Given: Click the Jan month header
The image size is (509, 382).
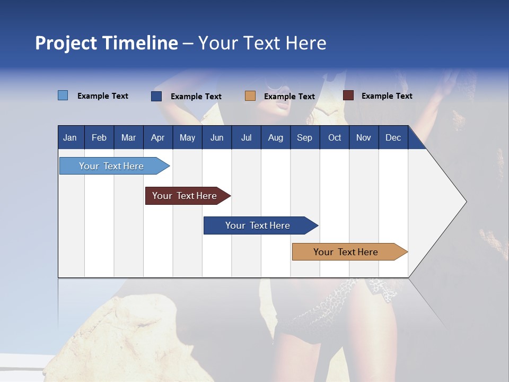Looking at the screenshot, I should pyautogui.click(x=70, y=137).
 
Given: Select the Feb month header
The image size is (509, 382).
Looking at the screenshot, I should pyautogui.click(x=99, y=137).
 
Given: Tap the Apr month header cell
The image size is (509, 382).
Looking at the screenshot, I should pyautogui.click(x=157, y=137).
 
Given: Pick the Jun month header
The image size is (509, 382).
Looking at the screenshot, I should pyautogui.click(x=217, y=137).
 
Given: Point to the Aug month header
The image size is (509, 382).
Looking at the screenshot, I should pyautogui.click(x=275, y=137).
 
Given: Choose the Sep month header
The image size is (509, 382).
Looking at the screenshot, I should pyautogui.click(x=304, y=137).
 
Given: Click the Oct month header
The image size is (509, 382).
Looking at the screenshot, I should pyautogui.click(x=335, y=137).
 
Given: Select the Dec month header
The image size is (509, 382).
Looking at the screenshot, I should pyautogui.click(x=393, y=137).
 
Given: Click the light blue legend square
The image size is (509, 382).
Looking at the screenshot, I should pyautogui.click(x=63, y=95).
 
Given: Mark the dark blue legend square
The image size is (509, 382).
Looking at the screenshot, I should pyautogui.click(x=156, y=96).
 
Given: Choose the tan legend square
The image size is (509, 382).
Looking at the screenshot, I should pyautogui.click(x=250, y=96).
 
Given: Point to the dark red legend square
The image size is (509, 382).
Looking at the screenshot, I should pyautogui.click(x=348, y=95).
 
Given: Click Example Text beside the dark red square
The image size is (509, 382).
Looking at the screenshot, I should pyautogui.click(x=387, y=95).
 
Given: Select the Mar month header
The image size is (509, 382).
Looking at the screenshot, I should pyautogui.click(x=128, y=137).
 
